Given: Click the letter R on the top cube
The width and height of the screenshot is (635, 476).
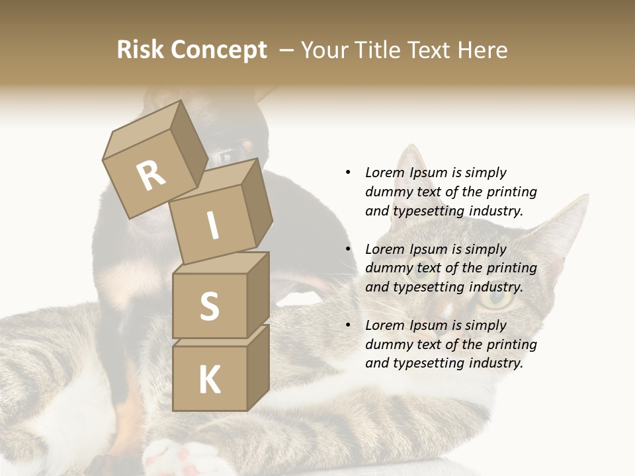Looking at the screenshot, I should [x=151, y=175].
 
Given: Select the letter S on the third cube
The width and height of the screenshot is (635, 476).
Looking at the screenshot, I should [x=209, y=306].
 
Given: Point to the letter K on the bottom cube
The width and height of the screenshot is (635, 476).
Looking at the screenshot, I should [x=209, y=380].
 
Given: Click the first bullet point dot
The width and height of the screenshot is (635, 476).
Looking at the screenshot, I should [x=348, y=173].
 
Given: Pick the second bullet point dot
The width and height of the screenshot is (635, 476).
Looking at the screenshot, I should [x=348, y=249].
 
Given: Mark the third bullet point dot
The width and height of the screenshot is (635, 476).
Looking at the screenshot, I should [x=348, y=325].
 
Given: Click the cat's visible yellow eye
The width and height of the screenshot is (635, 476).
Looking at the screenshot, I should [x=495, y=299].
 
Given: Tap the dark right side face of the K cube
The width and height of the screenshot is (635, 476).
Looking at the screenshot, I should [x=259, y=368].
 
